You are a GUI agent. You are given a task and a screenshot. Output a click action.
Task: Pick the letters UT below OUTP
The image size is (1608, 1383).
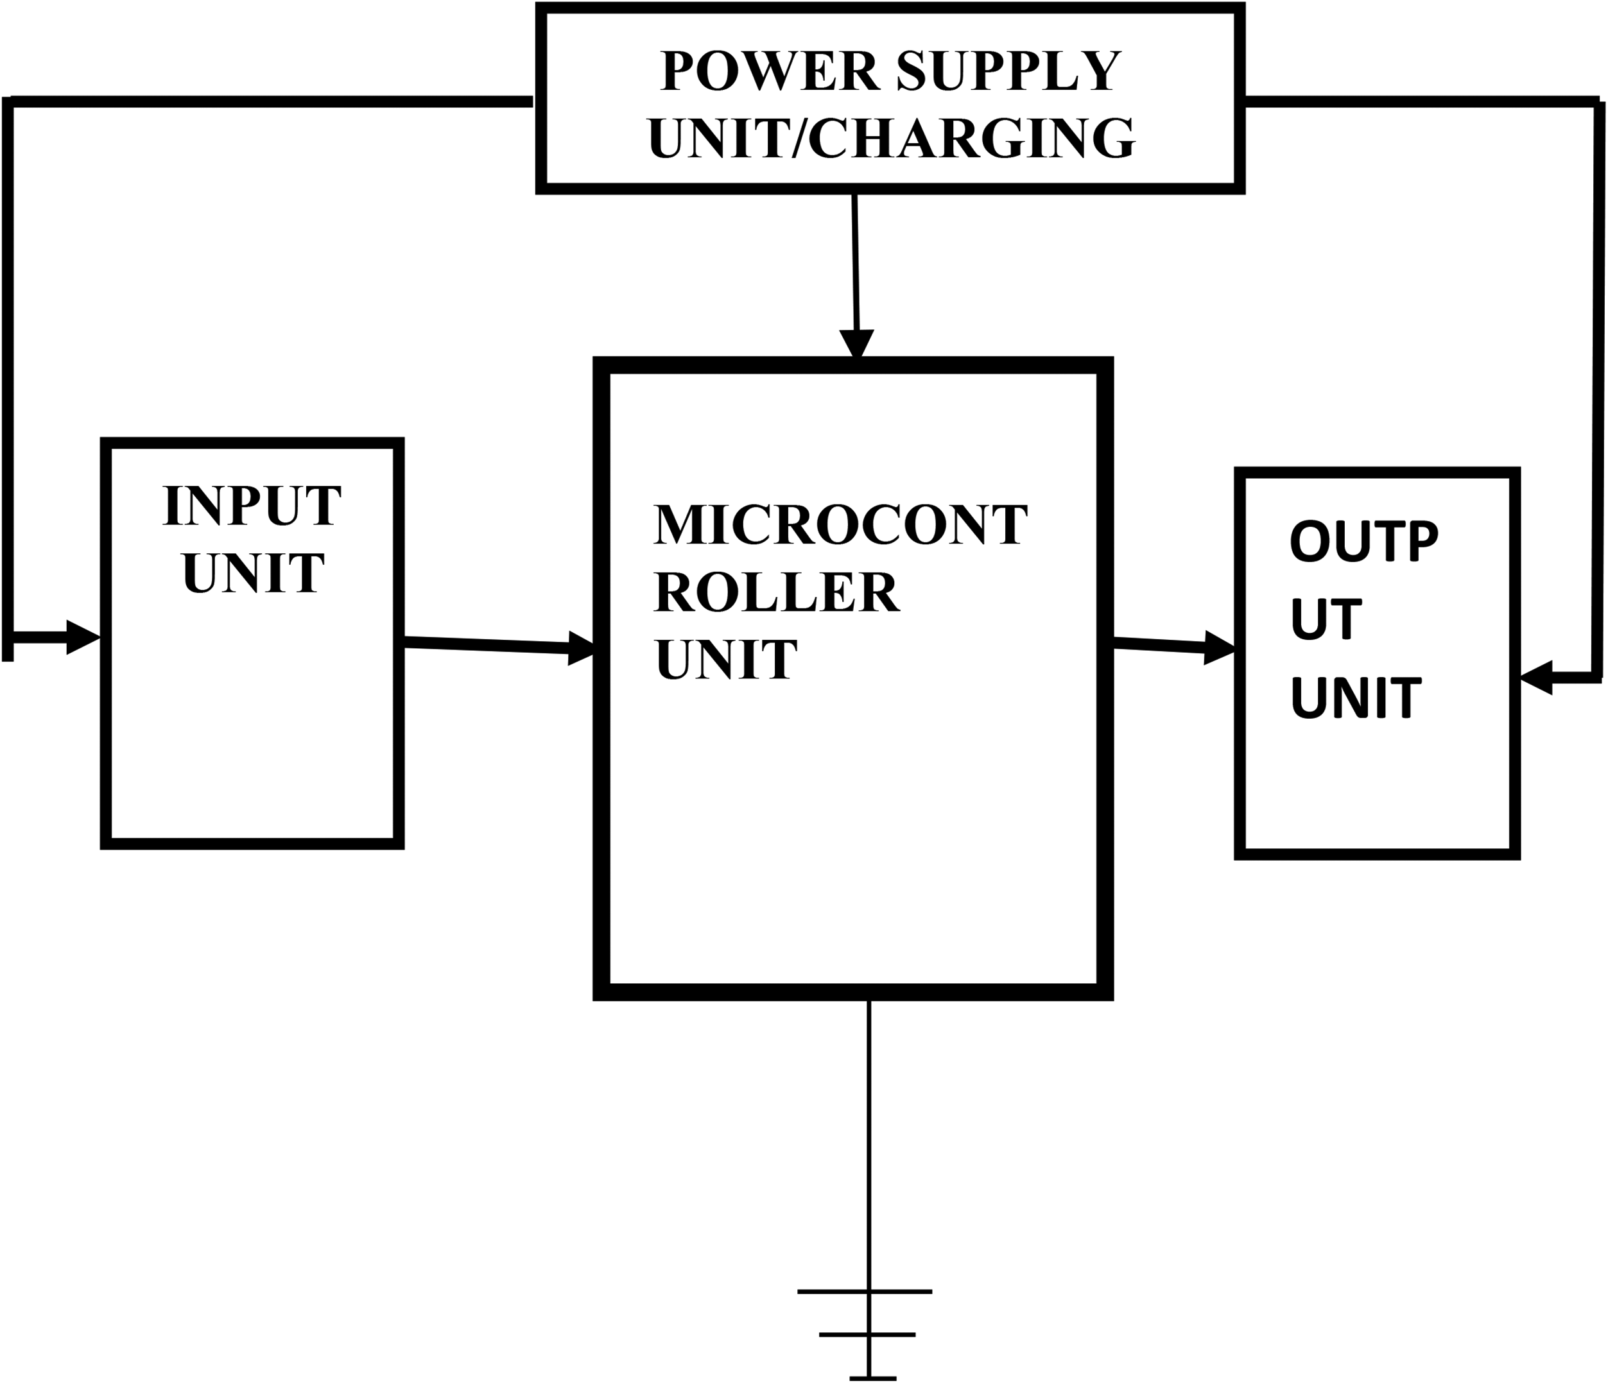(x=1326, y=619)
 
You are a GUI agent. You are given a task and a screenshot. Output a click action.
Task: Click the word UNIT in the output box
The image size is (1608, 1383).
(x=1356, y=698)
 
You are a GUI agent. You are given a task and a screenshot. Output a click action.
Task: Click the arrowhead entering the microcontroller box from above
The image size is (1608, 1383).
(x=857, y=345)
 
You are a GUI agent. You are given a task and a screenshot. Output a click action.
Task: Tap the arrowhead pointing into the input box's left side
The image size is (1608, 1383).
(x=83, y=637)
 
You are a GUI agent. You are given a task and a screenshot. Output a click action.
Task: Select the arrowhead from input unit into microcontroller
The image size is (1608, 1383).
(x=582, y=648)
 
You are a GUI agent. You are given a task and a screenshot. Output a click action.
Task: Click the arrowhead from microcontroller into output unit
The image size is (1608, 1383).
(x=1219, y=648)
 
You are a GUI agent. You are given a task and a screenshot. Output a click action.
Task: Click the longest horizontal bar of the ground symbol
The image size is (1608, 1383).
(x=865, y=1291)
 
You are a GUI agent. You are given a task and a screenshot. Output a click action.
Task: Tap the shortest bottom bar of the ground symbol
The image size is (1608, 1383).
(x=873, y=1379)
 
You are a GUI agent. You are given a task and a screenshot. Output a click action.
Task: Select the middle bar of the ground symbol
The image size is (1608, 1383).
(x=868, y=1334)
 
